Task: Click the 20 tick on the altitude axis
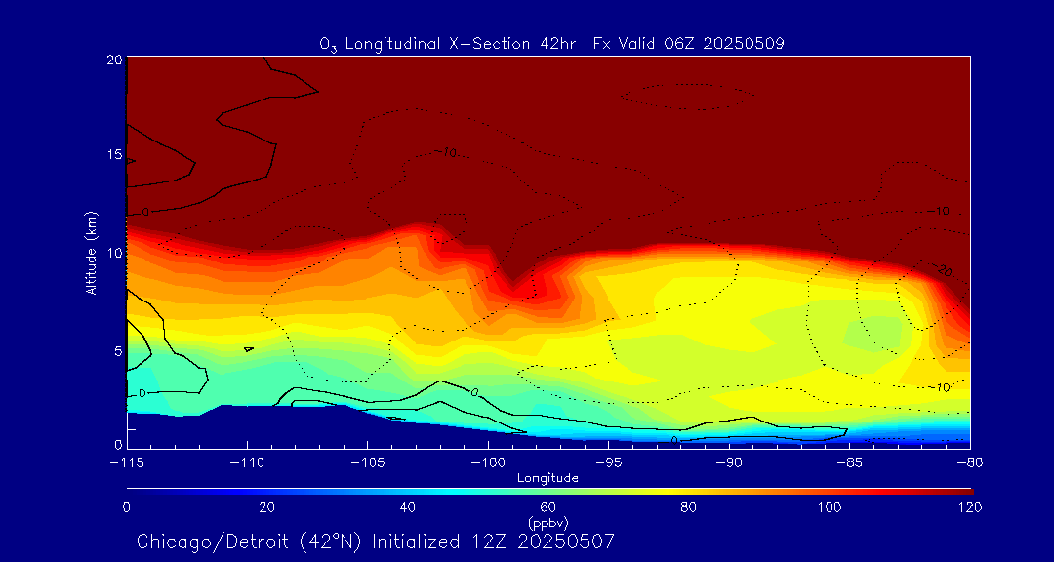(x=113, y=60)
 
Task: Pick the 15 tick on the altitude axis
(x=113, y=155)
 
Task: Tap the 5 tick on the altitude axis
(x=117, y=350)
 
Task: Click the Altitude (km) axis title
(x=91, y=252)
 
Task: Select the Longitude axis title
(x=547, y=477)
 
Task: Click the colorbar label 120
(x=970, y=507)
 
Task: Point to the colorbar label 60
(x=548, y=507)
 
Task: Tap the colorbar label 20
(x=266, y=507)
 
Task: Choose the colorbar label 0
(x=127, y=507)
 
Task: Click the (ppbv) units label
(x=548, y=523)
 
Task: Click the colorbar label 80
(x=689, y=507)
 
